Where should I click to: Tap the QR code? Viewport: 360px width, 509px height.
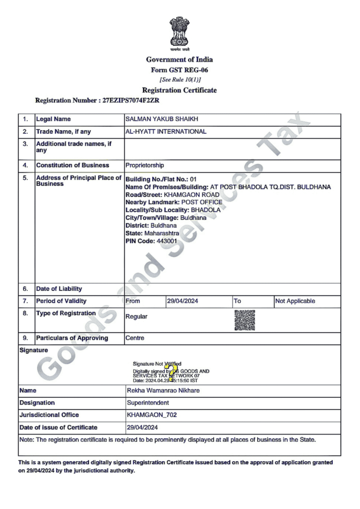point(245,320)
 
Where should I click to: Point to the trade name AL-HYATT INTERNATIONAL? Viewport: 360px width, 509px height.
point(166,132)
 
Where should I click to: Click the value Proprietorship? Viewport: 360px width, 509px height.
point(145,166)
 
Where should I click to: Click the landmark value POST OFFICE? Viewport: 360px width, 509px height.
point(201,202)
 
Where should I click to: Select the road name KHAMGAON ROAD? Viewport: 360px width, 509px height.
point(191,194)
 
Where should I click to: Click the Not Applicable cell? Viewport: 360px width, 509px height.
point(295,301)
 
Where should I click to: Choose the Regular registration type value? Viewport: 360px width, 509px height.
point(136,317)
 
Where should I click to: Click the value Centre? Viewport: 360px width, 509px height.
point(135,338)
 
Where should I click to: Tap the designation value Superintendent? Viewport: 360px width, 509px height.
point(148,403)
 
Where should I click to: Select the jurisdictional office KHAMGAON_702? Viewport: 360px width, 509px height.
point(152,415)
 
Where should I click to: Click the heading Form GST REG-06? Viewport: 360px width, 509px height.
point(179,70)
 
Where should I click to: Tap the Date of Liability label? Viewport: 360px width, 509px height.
point(59,289)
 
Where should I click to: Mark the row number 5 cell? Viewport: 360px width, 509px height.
point(25,178)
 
